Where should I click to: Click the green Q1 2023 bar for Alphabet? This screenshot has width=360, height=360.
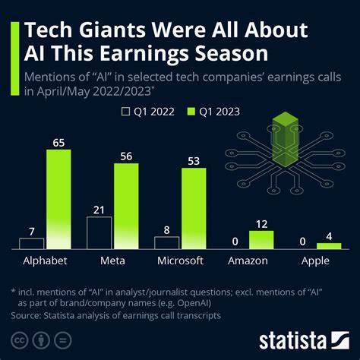58,199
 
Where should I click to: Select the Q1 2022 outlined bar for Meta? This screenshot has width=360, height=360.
99,233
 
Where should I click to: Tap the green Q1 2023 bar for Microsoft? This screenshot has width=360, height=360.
193,209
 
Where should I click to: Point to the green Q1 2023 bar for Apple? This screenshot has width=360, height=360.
329,246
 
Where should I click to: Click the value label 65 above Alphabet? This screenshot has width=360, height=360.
58,141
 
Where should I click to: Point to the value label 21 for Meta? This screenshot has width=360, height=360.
99,209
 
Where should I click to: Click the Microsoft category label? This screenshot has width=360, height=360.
179,261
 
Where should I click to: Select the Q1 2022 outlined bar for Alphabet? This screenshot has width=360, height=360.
32,244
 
